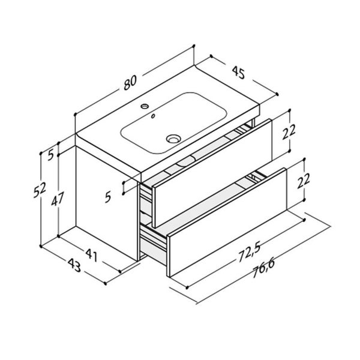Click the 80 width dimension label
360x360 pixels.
(130, 82)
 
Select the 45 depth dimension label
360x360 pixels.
(238, 73)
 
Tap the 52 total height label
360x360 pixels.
(40, 190)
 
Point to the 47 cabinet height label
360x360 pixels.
(57, 199)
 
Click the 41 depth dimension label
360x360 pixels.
(92, 255)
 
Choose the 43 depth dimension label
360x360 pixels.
(74, 266)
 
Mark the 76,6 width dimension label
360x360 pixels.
(263, 269)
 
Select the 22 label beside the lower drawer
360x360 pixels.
(303, 181)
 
